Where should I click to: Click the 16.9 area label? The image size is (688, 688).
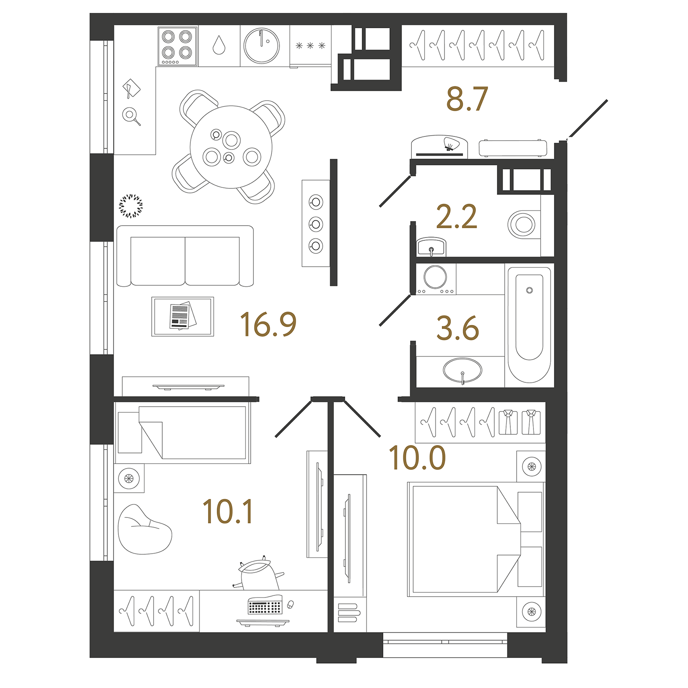click(x=268, y=325)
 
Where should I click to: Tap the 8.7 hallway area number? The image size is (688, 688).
click(x=467, y=99)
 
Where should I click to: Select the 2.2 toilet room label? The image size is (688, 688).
click(x=456, y=217)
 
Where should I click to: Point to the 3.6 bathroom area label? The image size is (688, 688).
click(x=458, y=328)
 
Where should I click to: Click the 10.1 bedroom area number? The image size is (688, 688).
click(x=228, y=512)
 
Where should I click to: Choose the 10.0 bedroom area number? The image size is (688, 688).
click(x=417, y=458)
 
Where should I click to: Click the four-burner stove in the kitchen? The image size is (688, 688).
click(x=177, y=46)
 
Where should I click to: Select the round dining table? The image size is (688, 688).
click(x=231, y=147)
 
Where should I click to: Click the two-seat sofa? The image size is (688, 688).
click(x=185, y=256)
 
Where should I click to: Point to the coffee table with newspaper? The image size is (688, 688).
click(x=183, y=317)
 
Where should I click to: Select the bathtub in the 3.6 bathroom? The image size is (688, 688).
click(x=529, y=324)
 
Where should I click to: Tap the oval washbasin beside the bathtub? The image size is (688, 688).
click(x=462, y=371)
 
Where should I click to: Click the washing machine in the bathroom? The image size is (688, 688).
click(x=435, y=278)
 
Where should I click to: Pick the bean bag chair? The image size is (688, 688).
click(x=143, y=530)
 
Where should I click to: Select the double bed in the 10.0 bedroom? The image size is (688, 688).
click(x=463, y=539)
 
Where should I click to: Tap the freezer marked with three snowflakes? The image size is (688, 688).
click(x=310, y=45)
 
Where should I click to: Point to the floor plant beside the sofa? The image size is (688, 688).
click(x=131, y=206)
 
